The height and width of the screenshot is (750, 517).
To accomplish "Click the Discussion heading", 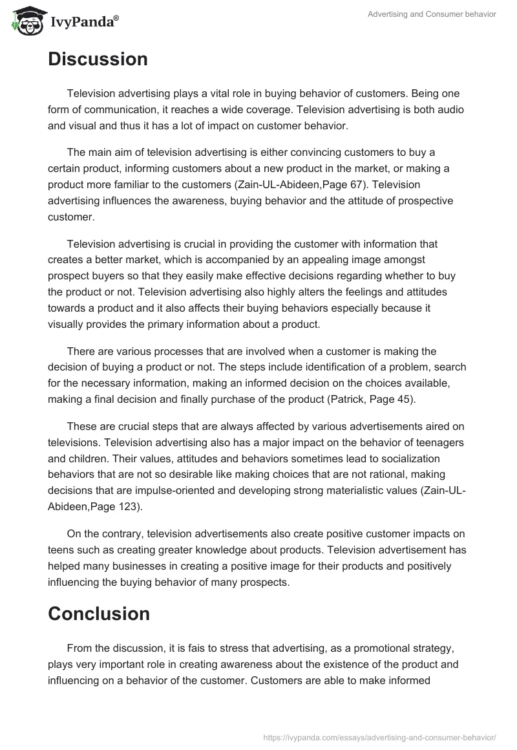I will click(98, 59).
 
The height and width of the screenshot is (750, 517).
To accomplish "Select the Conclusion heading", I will click(99, 614).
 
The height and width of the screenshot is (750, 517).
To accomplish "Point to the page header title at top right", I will click(432, 14).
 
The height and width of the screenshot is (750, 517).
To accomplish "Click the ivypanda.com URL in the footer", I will click(379, 737).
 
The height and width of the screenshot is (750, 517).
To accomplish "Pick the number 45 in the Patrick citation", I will click(401, 399).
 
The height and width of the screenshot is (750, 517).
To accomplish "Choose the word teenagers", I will click(437, 442).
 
